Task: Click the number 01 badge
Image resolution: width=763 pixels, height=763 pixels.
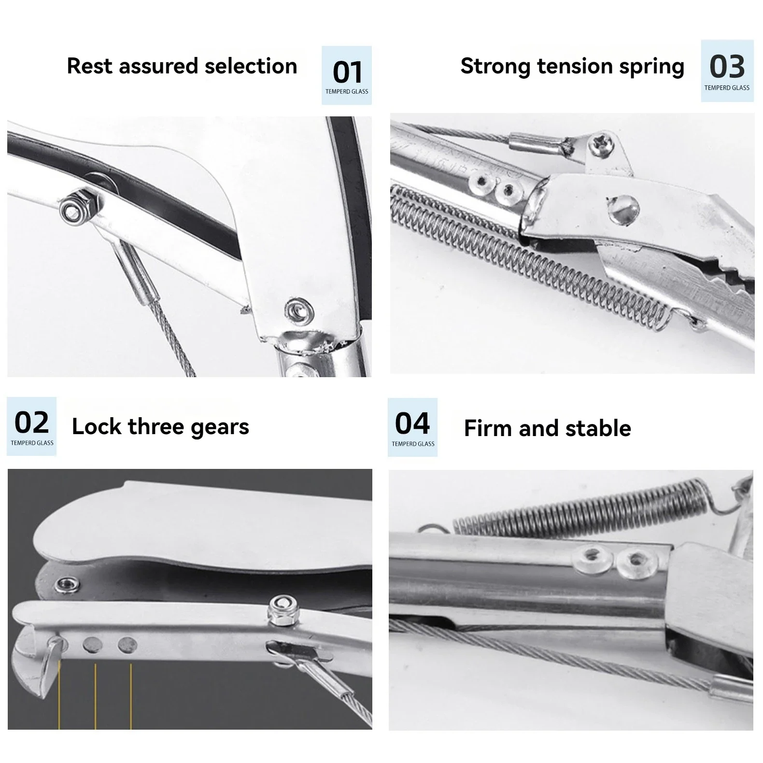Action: point(347,75)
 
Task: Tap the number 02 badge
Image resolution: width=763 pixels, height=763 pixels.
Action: point(32,426)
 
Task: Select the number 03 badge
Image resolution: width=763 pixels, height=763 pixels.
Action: point(727,71)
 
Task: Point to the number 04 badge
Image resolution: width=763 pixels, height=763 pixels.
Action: point(412,427)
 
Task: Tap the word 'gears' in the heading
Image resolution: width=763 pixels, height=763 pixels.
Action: point(220,427)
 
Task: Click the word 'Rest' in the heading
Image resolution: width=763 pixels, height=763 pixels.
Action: point(91,66)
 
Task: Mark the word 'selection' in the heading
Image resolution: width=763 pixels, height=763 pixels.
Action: point(251,66)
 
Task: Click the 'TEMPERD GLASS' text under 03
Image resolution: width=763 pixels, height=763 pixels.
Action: point(727,88)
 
